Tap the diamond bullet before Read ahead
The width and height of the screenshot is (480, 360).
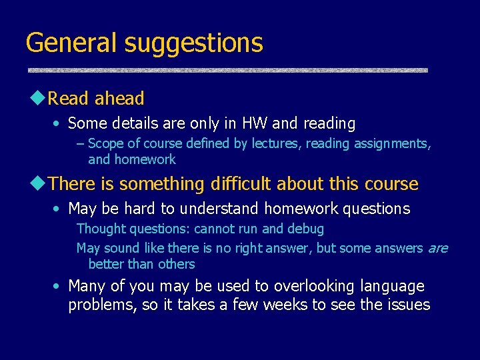click(37, 98)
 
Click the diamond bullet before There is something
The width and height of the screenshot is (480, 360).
click(37, 183)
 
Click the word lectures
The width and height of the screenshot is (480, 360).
click(277, 143)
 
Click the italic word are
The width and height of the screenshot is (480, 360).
click(437, 249)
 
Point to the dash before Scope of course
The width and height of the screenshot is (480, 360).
click(81, 143)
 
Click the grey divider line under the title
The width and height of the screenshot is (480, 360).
click(227, 70)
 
